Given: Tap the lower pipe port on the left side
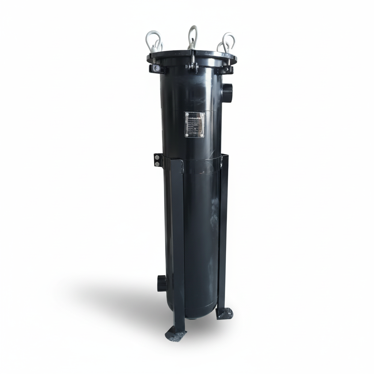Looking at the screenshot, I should point(161,283).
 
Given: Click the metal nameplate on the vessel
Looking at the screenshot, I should point(194,125).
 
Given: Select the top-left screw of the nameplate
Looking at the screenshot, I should point(186,114).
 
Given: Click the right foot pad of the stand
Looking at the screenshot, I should point(224,313).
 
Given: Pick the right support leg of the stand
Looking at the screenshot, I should point(222,234).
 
